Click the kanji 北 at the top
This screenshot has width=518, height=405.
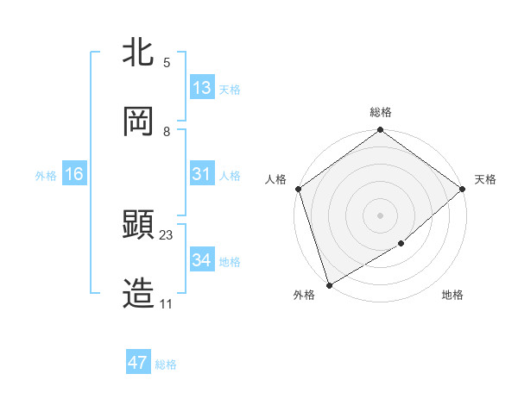pyautogui.click(x=139, y=53)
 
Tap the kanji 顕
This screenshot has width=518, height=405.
pyautogui.click(x=139, y=225)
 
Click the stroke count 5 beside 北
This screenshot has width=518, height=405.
pyautogui.click(x=167, y=63)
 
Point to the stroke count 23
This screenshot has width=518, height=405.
pyautogui.click(x=167, y=235)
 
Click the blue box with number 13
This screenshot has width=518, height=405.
pyautogui.click(x=202, y=88)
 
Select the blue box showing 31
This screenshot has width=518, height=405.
pyautogui.click(x=202, y=174)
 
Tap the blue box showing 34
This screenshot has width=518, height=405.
pyautogui.click(x=202, y=259)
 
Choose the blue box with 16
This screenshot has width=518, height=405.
pyautogui.click(x=74, y=174)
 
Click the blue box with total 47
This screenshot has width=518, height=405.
pyautogui.click(x=138, y=363)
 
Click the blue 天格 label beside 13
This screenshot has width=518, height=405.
pyautogui.click(x=230, y=90)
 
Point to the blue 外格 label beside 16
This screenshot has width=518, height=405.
pyautogui.click(x=46, y=175)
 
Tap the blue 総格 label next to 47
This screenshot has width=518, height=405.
pyautogui.click(x=166, y=364)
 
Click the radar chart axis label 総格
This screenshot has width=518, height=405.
pyautogui.click(x=381, y=112)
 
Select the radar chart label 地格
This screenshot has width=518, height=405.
pyautogui.click(x=452, y=296)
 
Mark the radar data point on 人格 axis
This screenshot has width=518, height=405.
pyautogui.click(x=298, y=189)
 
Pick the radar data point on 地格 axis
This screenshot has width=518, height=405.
pyautogui.click(x=401, y=244)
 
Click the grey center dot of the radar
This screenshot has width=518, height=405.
pyautogui.click(x=380, y=215)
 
